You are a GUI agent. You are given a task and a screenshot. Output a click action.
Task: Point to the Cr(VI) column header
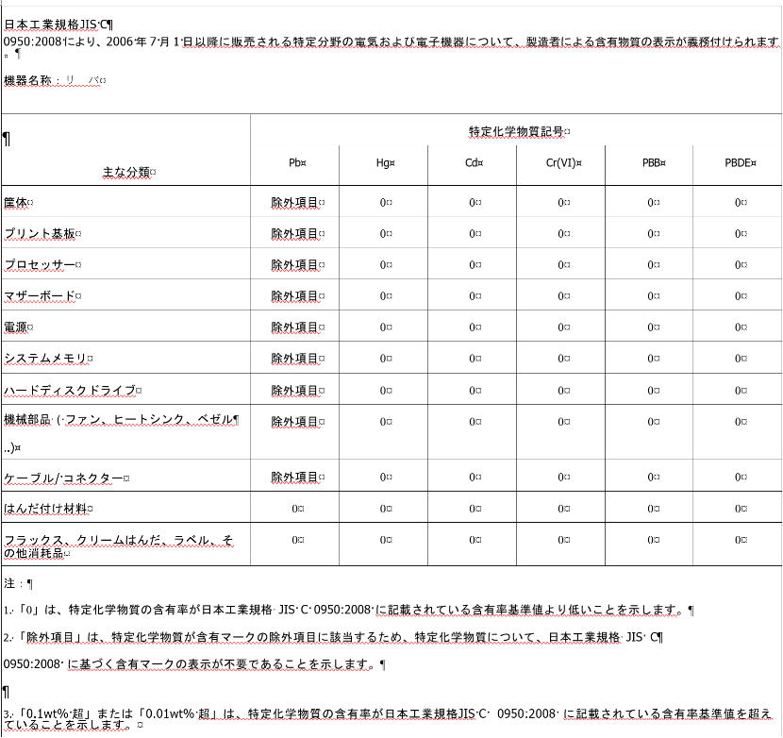pyautogui.click(x=561, y=162)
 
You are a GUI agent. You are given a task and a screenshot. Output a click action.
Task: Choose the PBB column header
pyautogui.click(x=651, y=162)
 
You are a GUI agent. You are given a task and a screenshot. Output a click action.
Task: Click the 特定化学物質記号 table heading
pyautogui.click(x=519, y=130)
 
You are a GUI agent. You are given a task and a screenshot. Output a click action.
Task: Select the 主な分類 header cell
pyautogui.click(x=128, y=173)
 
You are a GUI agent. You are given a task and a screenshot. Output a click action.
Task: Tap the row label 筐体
pyautogui.click(x=17, y=202)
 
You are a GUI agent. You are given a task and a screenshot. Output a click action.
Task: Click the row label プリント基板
pyautogui.click(x=42, y=233)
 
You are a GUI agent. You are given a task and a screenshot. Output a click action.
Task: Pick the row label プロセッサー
pyautogui.click(x=41, y=264)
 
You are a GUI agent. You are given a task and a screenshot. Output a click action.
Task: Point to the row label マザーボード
pyautogui.click(x=41, y=295)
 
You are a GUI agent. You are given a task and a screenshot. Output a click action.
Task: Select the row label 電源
pyautogui.click(x=17, y=327)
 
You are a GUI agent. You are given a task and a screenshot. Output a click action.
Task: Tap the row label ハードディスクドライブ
pyautogui.click(x=72, y=390)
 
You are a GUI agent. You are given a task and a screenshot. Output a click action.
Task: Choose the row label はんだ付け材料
pyautogui.click(x=46, y=509)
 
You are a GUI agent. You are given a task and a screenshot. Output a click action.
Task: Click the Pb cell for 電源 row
pyautogui.click(x=296, y=327)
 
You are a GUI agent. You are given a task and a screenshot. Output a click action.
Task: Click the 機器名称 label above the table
pyautogui.click(x=29, y=80)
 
